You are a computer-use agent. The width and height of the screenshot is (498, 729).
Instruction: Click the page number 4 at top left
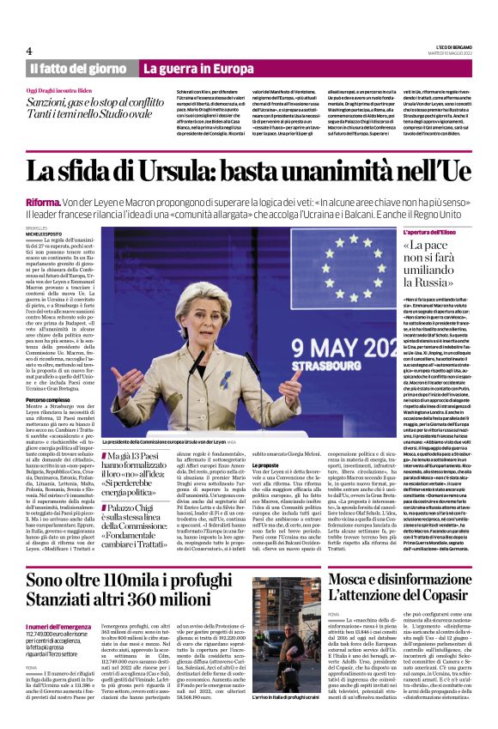[29, 51]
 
